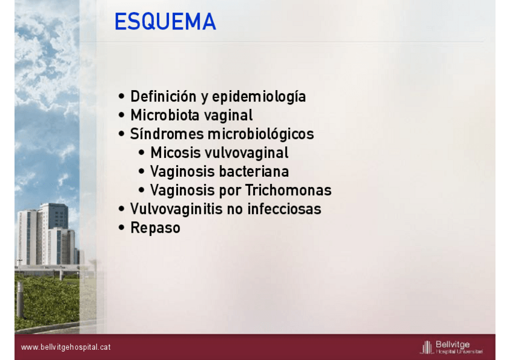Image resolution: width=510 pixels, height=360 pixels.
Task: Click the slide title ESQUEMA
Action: pyautogui.click(x=165, y=22)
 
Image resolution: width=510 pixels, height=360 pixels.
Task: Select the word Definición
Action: pyautogui.click(x=163, y=96)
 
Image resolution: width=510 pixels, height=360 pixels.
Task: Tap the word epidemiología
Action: pyautogui.click(x=259, y=97)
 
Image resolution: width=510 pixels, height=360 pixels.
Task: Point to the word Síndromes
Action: pyautogui.click(x=167, y=133)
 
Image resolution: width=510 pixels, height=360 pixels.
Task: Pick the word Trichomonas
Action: pyautogui.click(x=289, y=190)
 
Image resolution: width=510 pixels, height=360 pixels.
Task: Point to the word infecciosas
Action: pyautogui.click(x=284, y=209)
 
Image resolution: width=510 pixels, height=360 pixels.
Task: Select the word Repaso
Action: pyautogui.click(x=155, y=228)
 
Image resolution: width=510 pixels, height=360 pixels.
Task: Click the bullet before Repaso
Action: pyautogui.click(x=121, y=227)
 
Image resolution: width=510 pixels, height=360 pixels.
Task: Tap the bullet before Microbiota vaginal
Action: pyautogui.click(x=121, y=115)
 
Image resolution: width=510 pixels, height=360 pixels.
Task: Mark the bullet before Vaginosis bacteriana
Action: pyautogui.click(x=141, y=171)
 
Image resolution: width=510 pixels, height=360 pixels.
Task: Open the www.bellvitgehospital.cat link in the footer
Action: pyautogui.click(x=66, y=347)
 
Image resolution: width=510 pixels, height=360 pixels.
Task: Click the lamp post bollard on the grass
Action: pyautogui.click(x=20, y=299)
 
